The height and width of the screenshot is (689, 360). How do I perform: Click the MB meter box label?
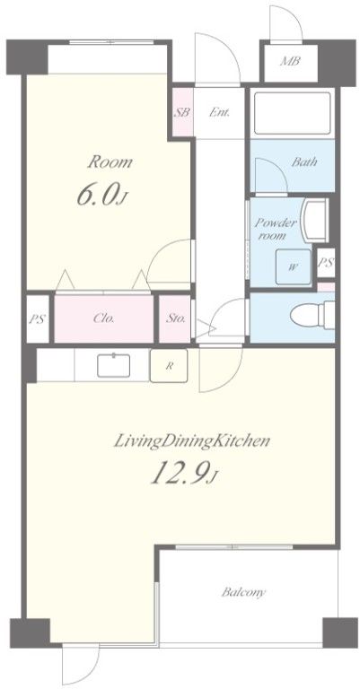(290, 61)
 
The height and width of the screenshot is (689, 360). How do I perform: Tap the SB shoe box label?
(182, 112)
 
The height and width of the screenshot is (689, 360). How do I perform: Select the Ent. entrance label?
(219, 112)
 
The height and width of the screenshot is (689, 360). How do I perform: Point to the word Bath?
(304, 161)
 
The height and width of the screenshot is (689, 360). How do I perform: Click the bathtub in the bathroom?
(293, 114)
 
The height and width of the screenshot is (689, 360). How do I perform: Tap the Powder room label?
(276, 229)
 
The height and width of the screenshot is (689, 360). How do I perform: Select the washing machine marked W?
(291, 267)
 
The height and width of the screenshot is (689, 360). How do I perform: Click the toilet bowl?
(312, 314)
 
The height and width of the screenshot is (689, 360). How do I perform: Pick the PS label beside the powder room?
(326, 262)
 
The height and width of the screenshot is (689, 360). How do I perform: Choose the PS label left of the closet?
(38, 319)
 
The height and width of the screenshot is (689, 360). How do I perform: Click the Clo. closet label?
(104, 318)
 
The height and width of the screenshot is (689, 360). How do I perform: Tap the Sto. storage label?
(175, 318)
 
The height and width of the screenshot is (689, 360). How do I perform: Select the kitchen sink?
(114, 365)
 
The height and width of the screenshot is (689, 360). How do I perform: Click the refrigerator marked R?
(169, 366)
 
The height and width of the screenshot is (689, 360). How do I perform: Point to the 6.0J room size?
(102, 195)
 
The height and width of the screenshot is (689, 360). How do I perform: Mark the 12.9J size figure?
(184, 474)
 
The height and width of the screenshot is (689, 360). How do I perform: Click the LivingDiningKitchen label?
(191, 441)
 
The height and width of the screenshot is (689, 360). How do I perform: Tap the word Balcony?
(243, 592)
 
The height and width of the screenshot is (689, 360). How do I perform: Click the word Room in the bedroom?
(110, 161)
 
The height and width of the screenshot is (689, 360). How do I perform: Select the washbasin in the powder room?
(315, 220)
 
